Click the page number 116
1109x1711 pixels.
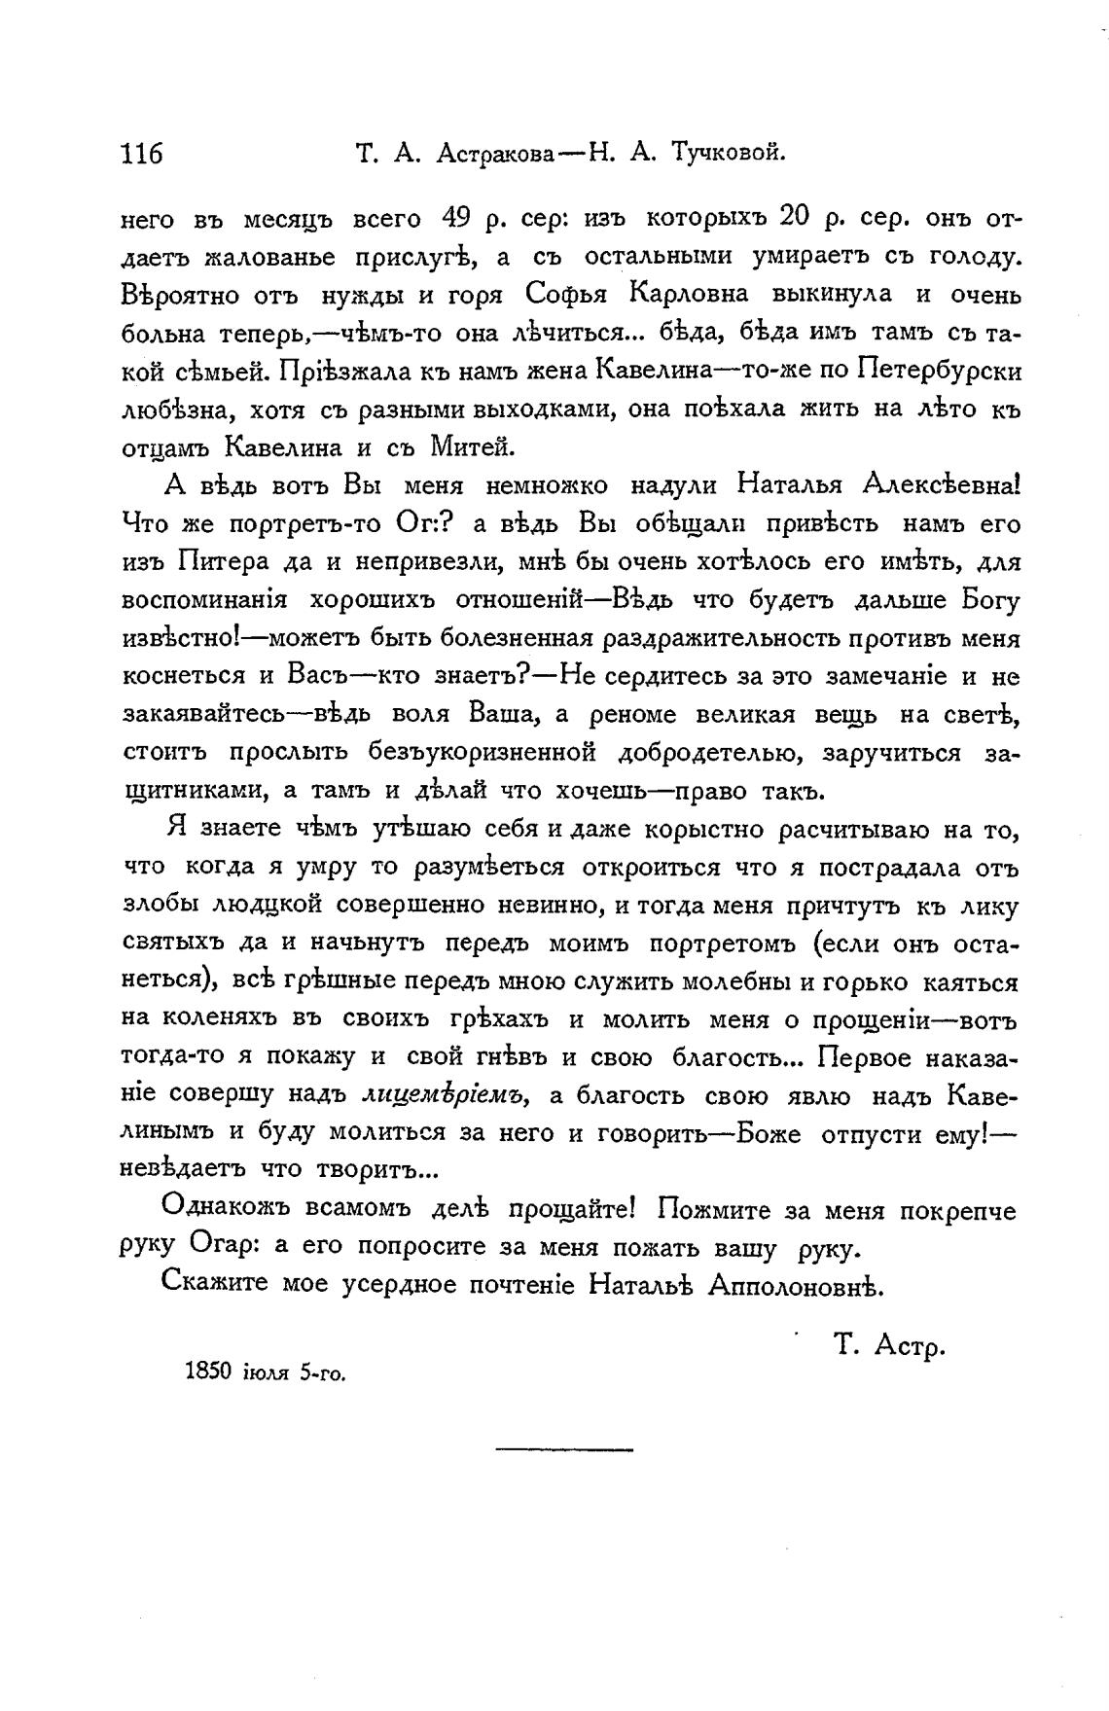tap(141, 153)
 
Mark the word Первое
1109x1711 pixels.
tap(865, 1057)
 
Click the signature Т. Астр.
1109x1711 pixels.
tap(889, 1346)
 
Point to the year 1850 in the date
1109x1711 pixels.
tap(205, 1373)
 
